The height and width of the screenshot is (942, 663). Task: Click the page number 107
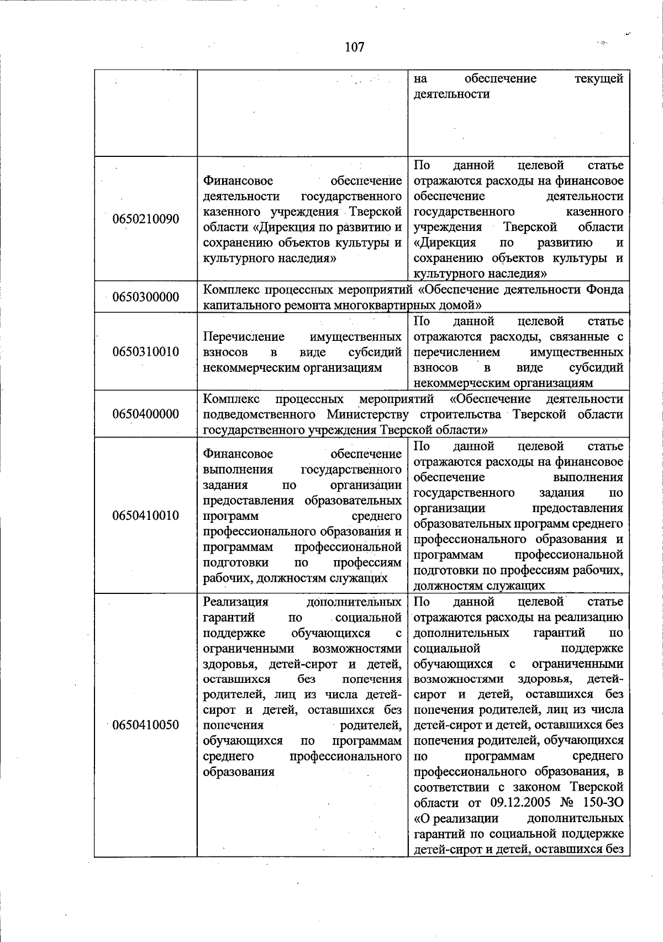tap(354, 47)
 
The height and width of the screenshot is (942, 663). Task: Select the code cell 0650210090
tap(146, 219)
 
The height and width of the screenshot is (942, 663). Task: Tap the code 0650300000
tap(146, 297)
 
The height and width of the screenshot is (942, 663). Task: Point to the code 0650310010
tap(146, 352)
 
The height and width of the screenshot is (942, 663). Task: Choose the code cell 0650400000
tap(146, 414)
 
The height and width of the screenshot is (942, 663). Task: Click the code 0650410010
tap(146, 516)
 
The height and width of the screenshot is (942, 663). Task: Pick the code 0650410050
tap(146, 725)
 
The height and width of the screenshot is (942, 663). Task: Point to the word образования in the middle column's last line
tap(239, 772)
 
